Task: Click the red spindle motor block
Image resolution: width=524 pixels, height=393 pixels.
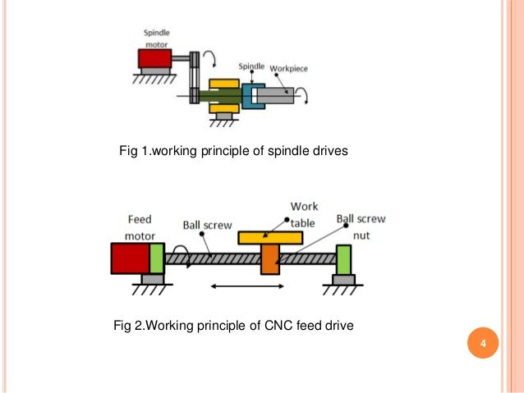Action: pos(154,58)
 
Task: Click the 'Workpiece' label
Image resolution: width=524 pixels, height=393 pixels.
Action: pos(288,69)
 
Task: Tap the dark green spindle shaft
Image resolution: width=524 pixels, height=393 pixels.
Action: pos(221,96)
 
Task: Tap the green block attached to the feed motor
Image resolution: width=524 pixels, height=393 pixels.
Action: pos(156,258)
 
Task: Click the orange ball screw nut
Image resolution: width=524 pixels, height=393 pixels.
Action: pos(269,258)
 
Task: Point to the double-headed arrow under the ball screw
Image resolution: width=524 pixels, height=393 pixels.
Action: pos(247,287)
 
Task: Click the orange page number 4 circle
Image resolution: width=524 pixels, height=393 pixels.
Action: pos(483,342)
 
